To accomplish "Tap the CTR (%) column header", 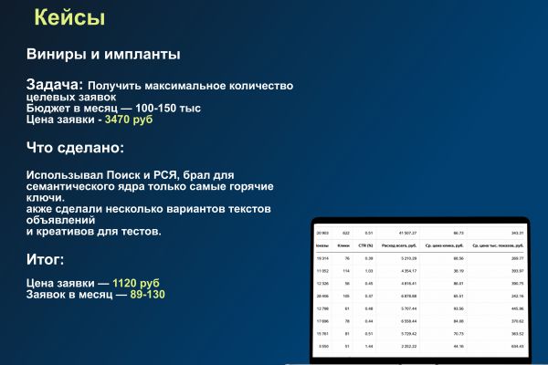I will click(x=368, y=245).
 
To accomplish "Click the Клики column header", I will click(x=344, y=245).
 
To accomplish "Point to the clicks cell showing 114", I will click(x=346, y=271).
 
